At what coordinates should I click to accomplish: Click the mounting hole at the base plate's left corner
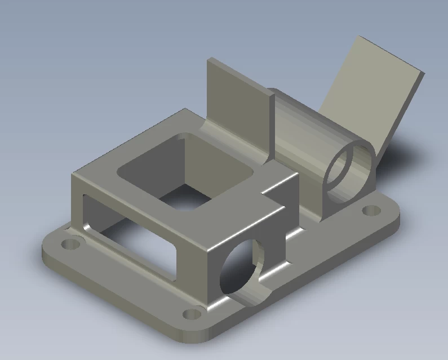tap(70, 245)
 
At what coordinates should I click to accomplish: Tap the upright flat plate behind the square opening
tap(237, 101)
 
